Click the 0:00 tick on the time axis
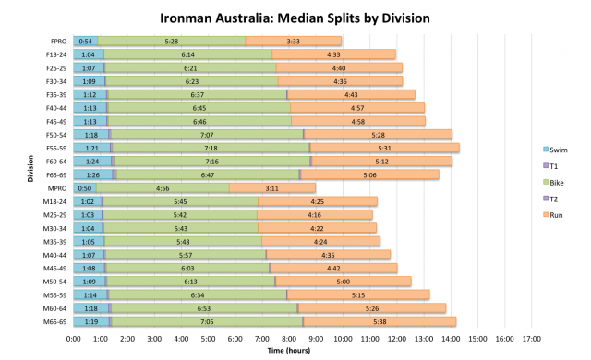coord(74,339)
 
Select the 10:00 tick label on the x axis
coord(343,339)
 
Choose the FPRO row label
coord(58,41)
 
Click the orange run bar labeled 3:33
coord(294,41)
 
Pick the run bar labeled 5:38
coord(380,321)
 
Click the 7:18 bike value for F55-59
coord(211,148)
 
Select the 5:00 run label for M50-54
coord(344,281)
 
